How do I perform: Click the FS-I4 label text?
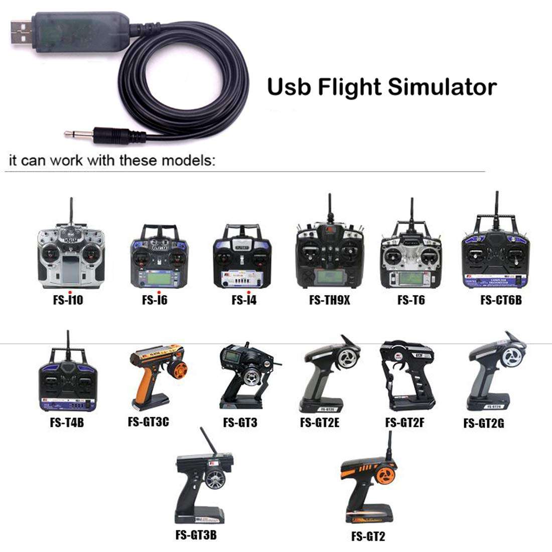pos(244,300)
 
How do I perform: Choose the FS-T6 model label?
pos(411,300)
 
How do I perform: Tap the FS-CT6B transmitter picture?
pos(495,253)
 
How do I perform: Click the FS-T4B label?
pos(67,423)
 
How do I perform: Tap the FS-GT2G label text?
pos(484,424)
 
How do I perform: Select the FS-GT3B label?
pos(196,534)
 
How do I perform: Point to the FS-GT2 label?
pos(368,536)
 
